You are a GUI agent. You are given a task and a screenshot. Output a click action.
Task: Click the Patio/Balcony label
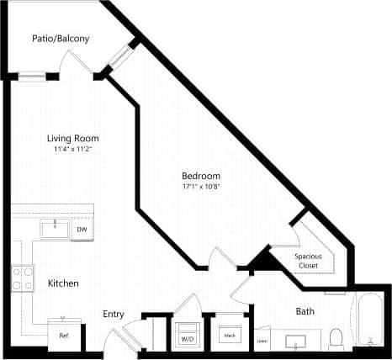[61, 39]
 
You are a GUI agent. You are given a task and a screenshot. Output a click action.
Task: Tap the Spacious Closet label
[310, 261]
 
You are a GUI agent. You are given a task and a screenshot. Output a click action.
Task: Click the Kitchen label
[63, 283]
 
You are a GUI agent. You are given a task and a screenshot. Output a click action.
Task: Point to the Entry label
[114, 314]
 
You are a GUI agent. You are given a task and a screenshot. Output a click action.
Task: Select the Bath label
[305, 311]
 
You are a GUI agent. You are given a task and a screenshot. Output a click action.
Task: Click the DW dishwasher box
[82, 229]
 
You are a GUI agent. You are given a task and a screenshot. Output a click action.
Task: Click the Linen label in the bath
[262, 341]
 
